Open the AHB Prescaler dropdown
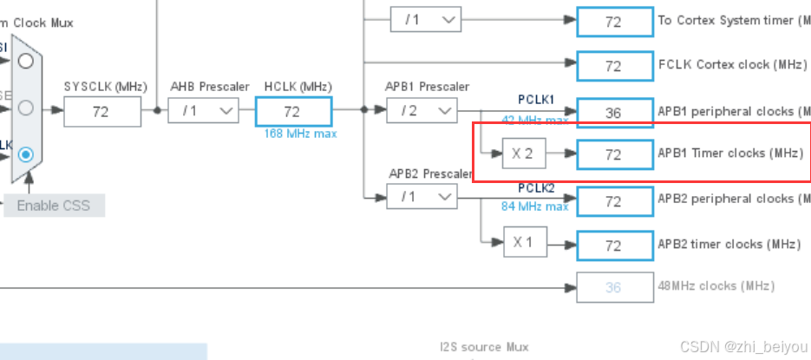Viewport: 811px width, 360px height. pyautogui.click(x=203, y=111)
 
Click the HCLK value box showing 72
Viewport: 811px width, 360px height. pyautogui.click(x=292, y=111)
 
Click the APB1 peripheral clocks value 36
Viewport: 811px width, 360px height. pyautogui.click(x=613, y=112)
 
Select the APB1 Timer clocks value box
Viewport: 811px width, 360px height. pyautogui.click(x=613, y=154)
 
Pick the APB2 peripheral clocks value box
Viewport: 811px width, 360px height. pyautogui.click(x=613, y=201)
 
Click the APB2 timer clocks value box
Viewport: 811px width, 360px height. pyautogui.click(x=613, y=245)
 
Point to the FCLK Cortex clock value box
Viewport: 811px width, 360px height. pyautogui.click(x=613, y=65)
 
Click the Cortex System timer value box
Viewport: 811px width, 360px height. pyautogui.click(x=613, y=22)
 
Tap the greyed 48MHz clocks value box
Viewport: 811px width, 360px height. pyautogui.click(x=613, y=287)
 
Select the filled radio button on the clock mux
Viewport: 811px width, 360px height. pyautogui.click(x=26, y=154)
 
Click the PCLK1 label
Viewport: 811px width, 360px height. pyautogui.click(x=536, y=99)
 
